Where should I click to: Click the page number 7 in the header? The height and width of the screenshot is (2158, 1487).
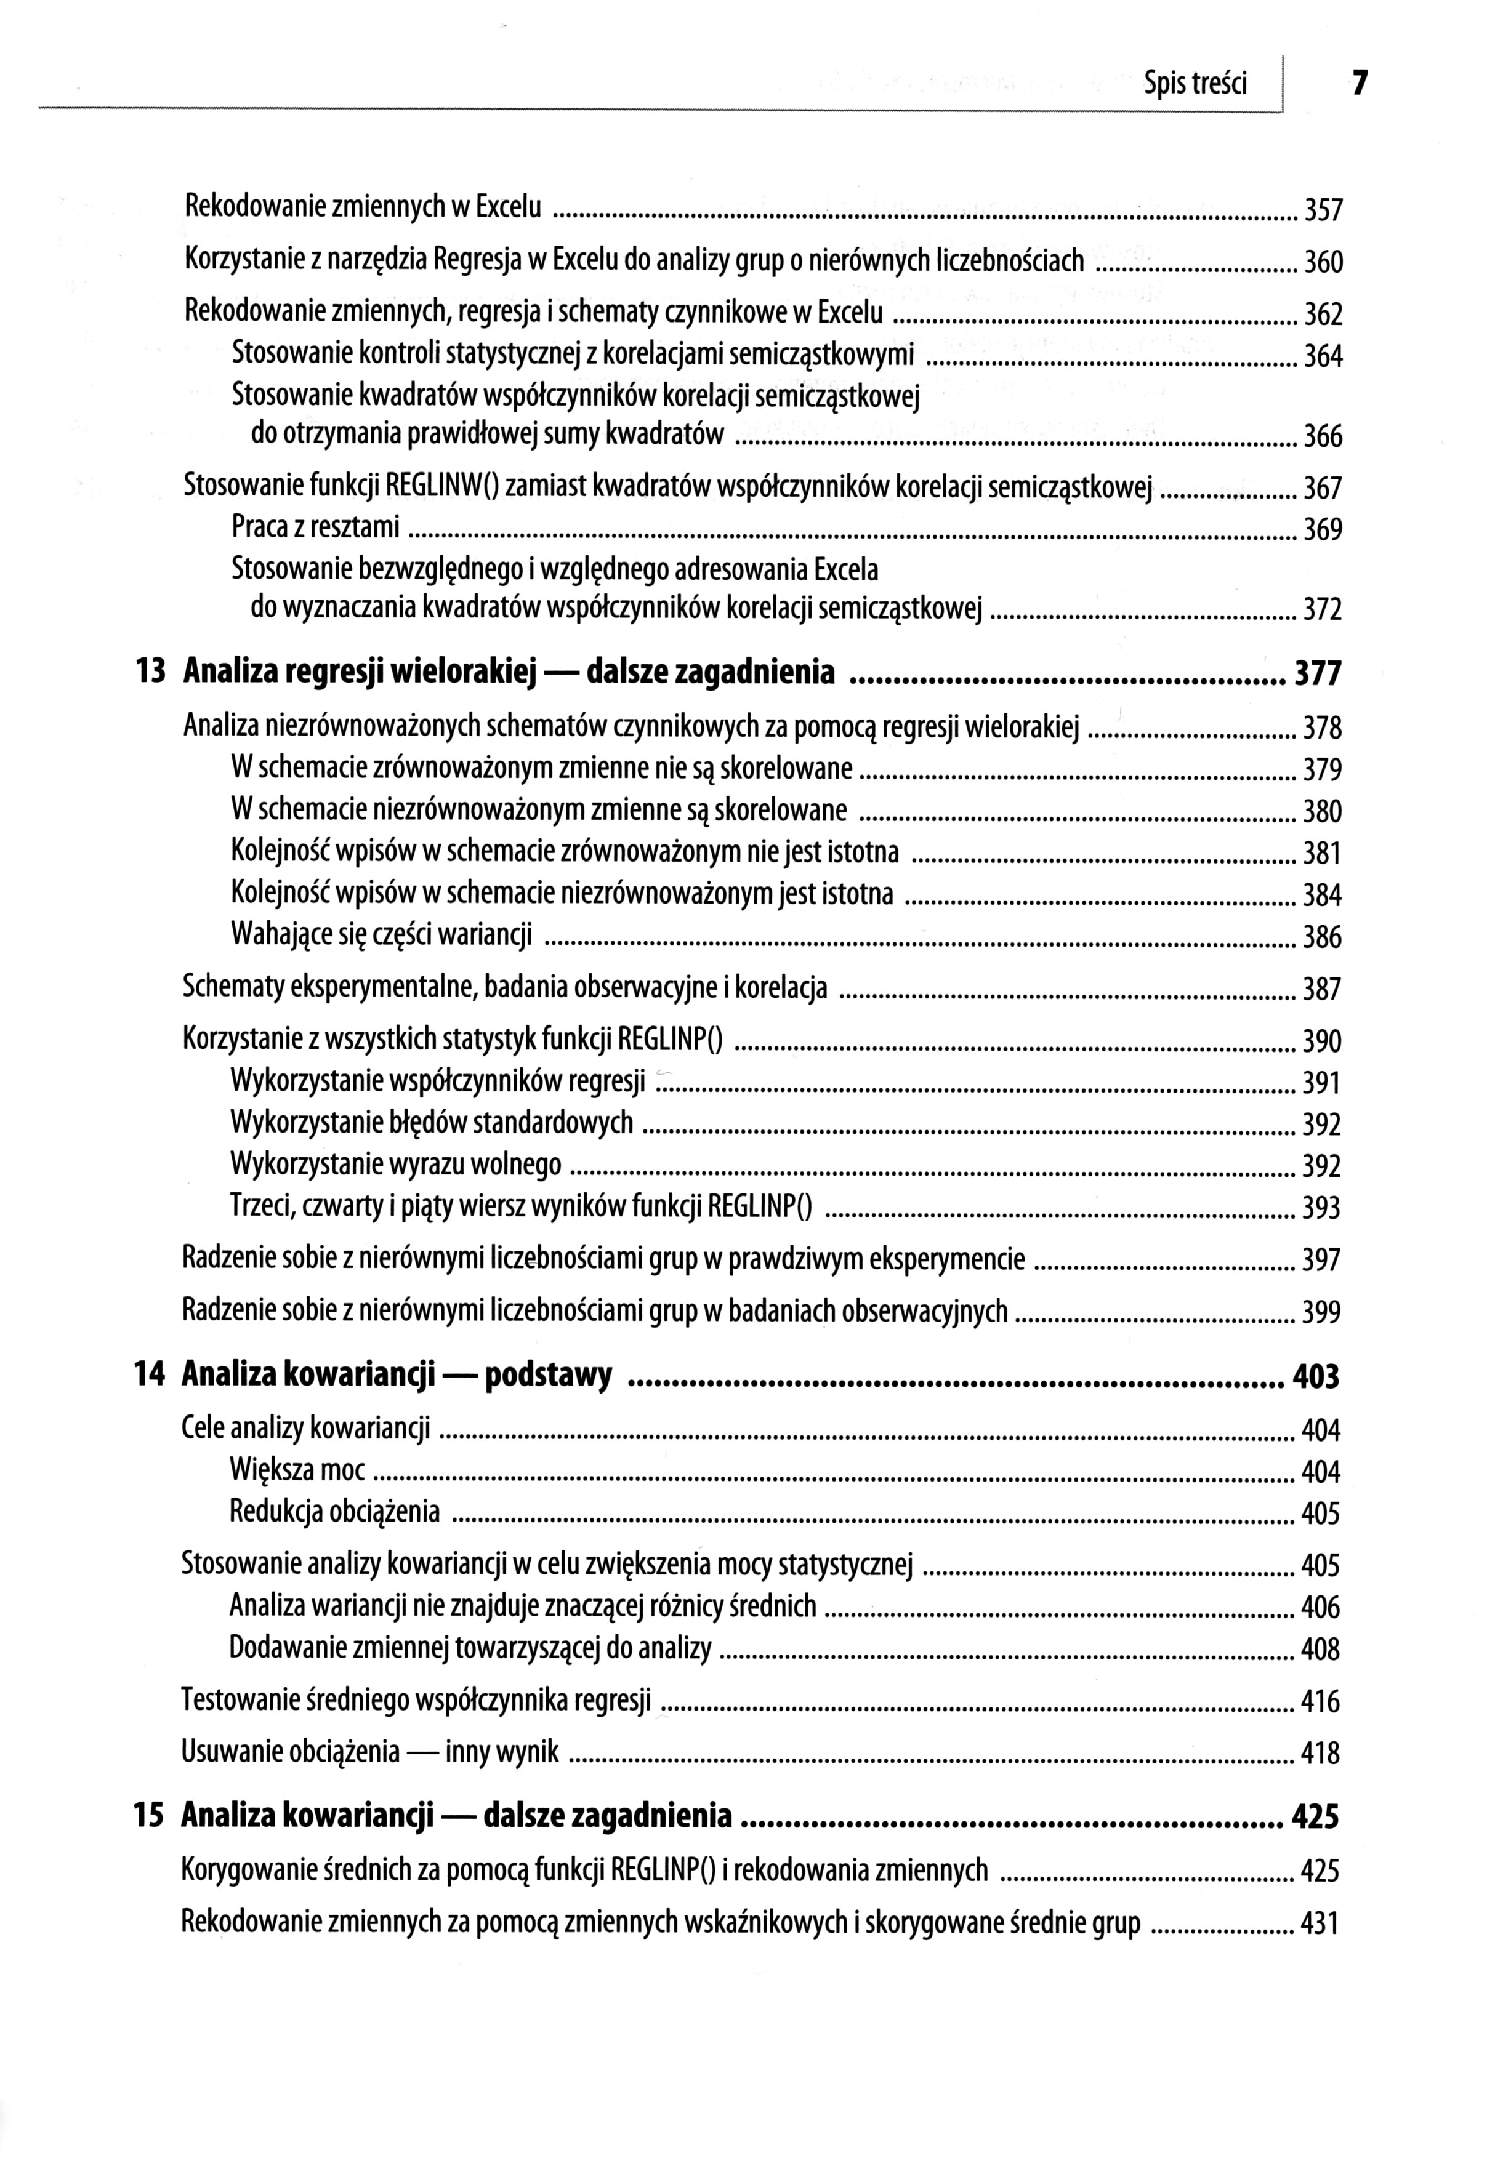point(1360,84)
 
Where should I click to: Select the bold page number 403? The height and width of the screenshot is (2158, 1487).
point(1316,1376)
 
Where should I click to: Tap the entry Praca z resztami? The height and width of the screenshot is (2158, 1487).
point(315,528)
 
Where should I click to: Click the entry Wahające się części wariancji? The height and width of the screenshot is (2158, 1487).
point(381,934)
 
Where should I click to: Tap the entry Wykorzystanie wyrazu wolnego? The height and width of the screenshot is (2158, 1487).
point(396,1164)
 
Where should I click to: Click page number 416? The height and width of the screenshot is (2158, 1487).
point(1320,1703)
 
